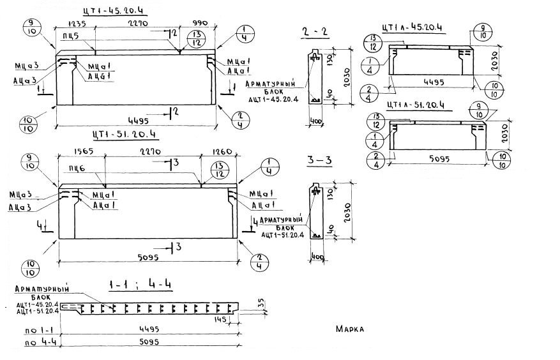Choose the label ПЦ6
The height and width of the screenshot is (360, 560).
(79, 167)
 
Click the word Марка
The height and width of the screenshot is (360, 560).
(349, 329)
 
